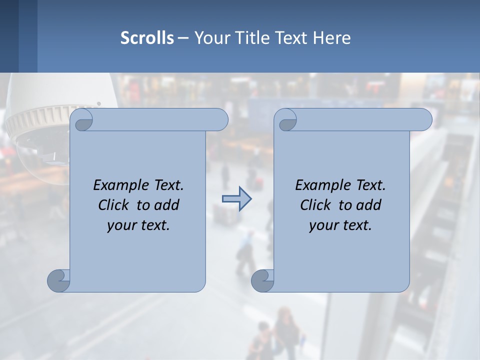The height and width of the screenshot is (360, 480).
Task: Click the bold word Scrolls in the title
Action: click(x=147, y=38)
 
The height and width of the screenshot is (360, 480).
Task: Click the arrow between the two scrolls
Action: click(x=236, y=199)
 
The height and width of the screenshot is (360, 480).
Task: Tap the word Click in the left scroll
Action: click(x=115, y=205)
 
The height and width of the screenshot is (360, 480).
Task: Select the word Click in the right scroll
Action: click(x=315, y=205)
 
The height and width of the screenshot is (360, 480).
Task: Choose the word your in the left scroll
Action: click(x=120, y=226)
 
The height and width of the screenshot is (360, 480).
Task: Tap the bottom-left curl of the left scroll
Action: click(x=59, y=280)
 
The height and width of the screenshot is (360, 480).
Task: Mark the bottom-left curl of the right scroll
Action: click(x=262, y=280)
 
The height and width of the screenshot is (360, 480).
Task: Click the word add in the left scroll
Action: click(x=167, y=205)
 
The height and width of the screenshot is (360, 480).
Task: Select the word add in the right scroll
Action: click(x=369, y=205)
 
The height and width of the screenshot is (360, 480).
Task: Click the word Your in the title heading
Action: click(x=208, y=38)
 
